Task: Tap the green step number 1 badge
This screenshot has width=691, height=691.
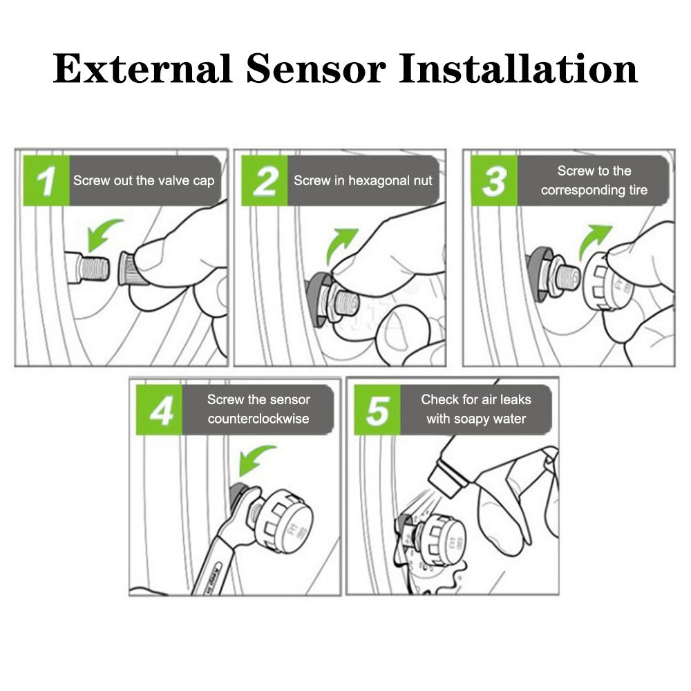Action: click(46, 181)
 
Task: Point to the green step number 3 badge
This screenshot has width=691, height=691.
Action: click(493, 181)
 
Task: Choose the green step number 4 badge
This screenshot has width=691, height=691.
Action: click(160, 410)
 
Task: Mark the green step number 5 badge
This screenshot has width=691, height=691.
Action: click(377, 410)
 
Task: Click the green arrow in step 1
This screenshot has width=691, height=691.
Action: click(104, 234)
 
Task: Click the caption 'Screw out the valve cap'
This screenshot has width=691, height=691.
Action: click(144, 181)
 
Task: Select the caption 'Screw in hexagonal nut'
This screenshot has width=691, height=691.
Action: click(363, 181)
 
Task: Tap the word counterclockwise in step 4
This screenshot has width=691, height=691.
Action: click(258, 419)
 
